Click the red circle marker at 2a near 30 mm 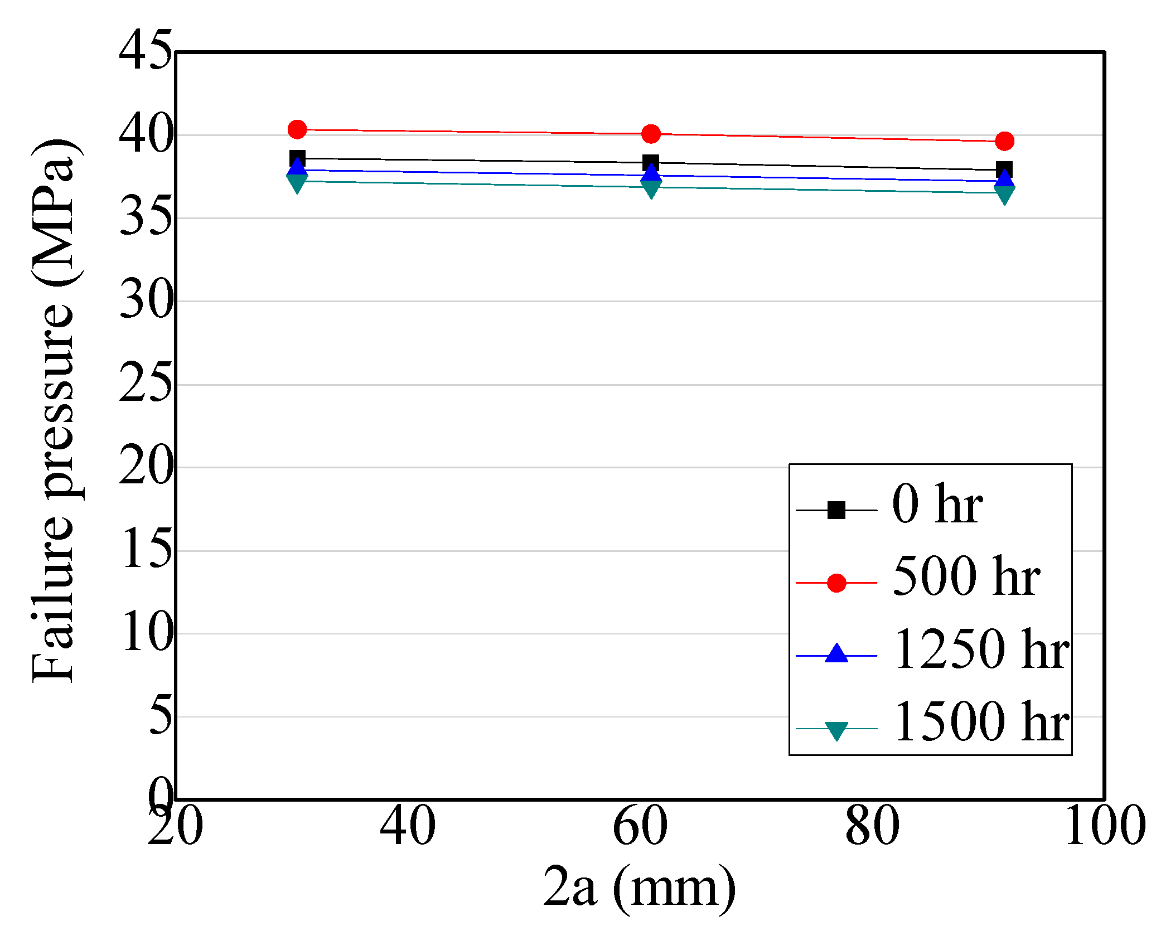click(297, 129)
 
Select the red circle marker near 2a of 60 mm click(651, 134)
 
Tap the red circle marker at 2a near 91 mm click(1004, 142)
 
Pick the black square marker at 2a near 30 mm click(297, 158)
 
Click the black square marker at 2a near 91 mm click(1004, 169)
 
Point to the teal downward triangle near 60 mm click(651, 190)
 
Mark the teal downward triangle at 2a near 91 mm click(1004, 195)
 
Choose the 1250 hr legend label click(981, 649)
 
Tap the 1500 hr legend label click(981, 721)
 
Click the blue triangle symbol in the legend click(836, 654)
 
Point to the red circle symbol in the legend click(836, 583)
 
